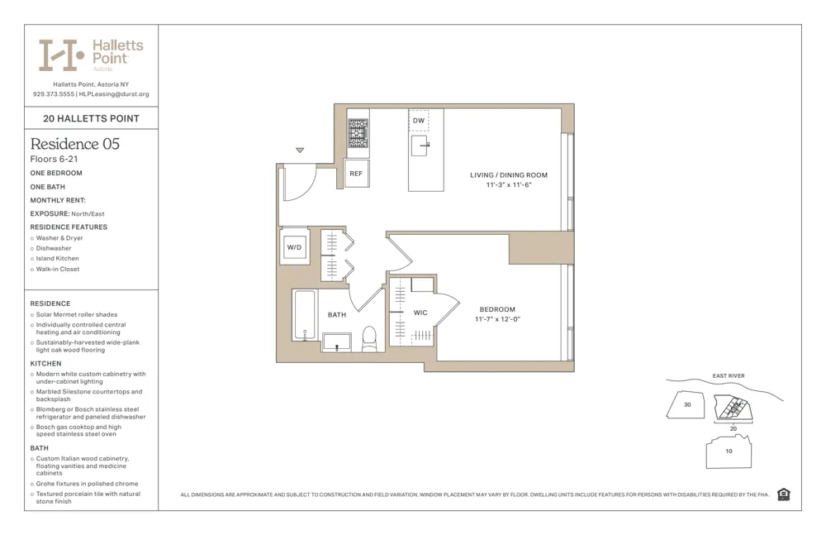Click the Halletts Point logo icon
60,55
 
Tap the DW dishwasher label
419,121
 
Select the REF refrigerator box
356,174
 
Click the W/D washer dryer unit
294,247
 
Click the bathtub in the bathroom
304,315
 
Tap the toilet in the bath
369,338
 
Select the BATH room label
337,315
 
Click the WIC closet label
420,313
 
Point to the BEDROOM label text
497,309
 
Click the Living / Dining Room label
509,175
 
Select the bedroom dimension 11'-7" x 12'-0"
497,319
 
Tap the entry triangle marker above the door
300,150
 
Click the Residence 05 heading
75,144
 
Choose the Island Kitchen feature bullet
58,259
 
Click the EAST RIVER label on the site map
729,376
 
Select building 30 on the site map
687,405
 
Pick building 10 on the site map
729,451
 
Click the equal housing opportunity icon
783,494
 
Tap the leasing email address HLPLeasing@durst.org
114,94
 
